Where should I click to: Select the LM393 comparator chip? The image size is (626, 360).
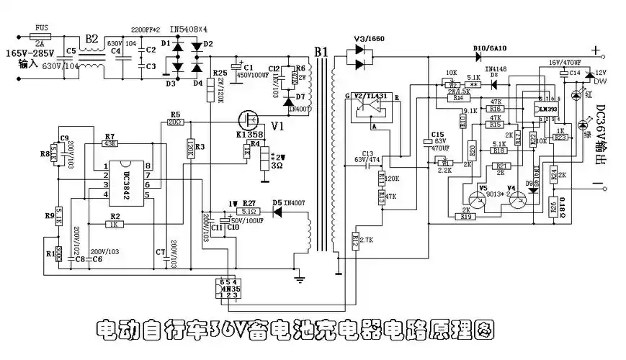tap(549, 109)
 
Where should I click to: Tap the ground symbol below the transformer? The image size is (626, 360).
tap(299, 276)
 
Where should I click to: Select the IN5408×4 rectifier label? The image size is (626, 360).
tap(188, 30)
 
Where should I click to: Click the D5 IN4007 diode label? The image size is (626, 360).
tap(286, 203)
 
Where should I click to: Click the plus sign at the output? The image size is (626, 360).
tap(595, 50)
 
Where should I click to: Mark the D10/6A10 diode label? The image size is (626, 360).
tap(490, 48)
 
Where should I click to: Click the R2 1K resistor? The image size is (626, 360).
tap(114, 225)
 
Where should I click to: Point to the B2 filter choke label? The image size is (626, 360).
tap(91, 38)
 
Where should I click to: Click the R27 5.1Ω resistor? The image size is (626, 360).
tap(249, 211)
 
